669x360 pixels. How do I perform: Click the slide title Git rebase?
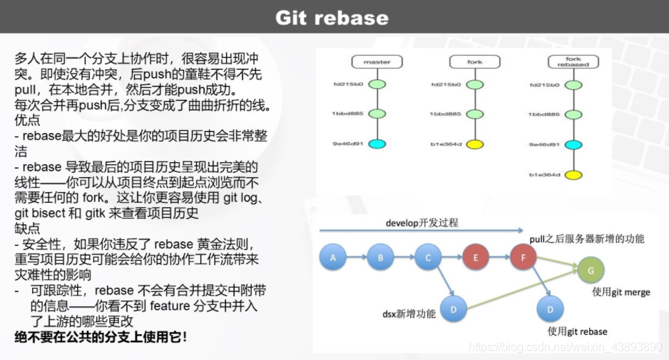click(332, 17)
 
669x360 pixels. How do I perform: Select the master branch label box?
click(377, 62)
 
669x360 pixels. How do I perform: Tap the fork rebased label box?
click(573, 62)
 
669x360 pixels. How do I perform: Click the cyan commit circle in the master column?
click(377, 144)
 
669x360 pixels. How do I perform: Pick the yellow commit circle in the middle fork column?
click(475, 144)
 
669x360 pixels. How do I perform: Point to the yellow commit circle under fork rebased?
click(573, 174)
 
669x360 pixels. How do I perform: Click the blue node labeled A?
click(332, 257)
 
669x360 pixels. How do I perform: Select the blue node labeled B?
click(381, 257)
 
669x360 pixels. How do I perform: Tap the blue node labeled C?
click(428, 257)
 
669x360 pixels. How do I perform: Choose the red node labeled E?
click(476, 257)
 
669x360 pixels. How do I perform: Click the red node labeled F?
click(524, 257)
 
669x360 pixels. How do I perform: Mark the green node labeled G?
click(591, 270)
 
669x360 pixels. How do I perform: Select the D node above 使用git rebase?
click(549, 309)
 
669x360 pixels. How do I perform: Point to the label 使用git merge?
click(621, 293)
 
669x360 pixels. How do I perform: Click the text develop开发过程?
click(422, 223)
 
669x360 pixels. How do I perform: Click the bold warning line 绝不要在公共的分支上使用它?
click(101, 336)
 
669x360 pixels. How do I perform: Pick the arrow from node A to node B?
click(357, 257)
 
